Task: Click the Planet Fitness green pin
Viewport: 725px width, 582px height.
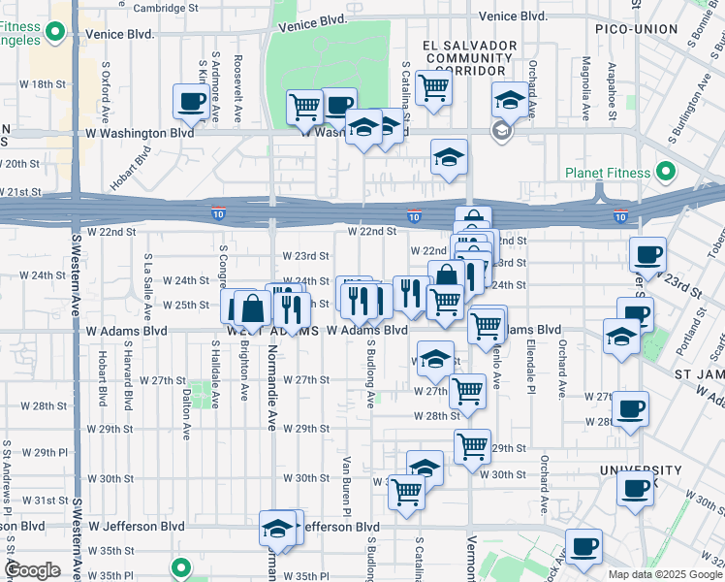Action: click(x=666, y=174)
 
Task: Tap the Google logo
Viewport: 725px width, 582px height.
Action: click(x=32, y=570)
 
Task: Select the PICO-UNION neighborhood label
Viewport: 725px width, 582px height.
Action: click(x=636, y=29)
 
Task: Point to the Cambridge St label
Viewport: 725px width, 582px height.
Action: click(x=166, y=8)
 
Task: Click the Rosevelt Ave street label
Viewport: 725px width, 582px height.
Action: click(x=237, y=87)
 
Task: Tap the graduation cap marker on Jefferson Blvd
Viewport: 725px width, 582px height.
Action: click(x=277, y=530)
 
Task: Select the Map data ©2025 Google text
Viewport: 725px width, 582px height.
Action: click(x=665, y=574)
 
